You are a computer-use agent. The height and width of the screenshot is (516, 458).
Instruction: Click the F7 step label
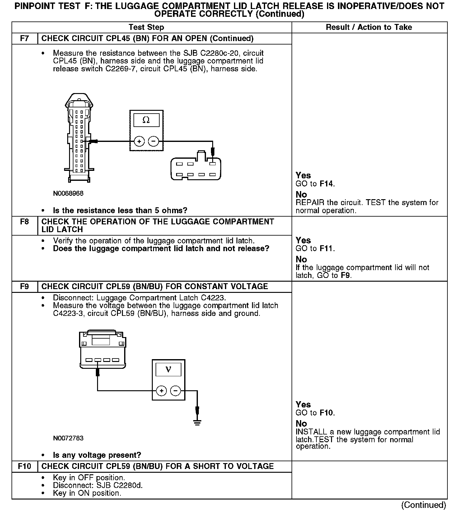[x=25, y=39]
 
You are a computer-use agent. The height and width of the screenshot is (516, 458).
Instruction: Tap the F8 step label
[x=25, y=222]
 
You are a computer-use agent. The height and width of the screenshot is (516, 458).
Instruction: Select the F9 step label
[x=25, y=287]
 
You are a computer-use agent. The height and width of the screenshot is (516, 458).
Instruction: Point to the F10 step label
[x=25, y=466]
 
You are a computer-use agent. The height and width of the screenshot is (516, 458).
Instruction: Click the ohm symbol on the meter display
[x=146, y=120]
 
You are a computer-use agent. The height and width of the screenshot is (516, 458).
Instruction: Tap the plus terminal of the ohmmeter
[x=139, y=142]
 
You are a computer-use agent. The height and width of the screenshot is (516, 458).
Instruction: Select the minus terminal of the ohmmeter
[x=153, y=142]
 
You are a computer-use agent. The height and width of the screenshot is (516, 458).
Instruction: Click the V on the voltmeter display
[x=168, y=369]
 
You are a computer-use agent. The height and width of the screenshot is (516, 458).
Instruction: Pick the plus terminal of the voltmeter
[x=161, y=391]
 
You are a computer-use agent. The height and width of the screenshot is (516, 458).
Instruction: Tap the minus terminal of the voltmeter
[x=176, y=391]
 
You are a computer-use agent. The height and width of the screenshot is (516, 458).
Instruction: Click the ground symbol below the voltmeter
[x=197, y=422]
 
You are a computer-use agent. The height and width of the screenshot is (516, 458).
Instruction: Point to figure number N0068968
[x=68, y=193]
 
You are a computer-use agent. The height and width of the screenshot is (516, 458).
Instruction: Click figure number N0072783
[x=68, y=438]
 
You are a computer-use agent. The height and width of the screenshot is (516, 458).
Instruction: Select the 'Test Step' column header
[x=146, y=27]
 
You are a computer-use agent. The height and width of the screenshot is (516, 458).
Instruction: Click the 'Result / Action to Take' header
[x=369, y=27]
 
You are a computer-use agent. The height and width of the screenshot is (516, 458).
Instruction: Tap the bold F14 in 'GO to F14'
[x=326, y=184]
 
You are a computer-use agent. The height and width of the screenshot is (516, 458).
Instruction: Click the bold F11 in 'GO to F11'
[x=326, y=248]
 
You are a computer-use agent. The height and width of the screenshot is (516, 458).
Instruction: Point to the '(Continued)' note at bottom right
[x=424, y=505]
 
